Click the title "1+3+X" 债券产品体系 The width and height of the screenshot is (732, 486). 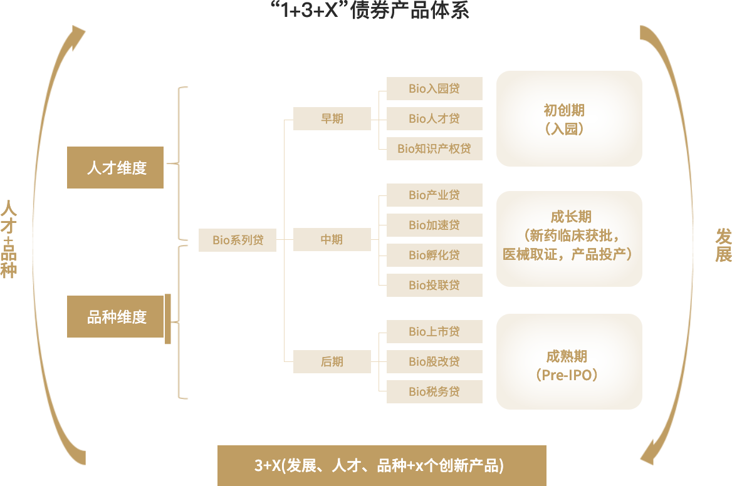click(370, 10)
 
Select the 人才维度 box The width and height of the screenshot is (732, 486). click(117, 167)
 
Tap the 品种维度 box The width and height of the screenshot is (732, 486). click(117, 317)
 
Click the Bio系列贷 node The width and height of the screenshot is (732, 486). click(238, 240)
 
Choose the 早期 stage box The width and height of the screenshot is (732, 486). click(332, 118)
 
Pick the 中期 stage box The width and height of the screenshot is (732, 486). click(332, 239)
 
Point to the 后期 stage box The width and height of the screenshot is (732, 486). click(332, 361)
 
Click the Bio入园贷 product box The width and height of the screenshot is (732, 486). click(434, 88)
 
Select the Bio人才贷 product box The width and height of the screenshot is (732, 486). click(434, 118)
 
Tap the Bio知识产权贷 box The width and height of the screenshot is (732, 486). click(434, 148)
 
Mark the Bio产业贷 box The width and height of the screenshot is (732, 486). click(434, 195)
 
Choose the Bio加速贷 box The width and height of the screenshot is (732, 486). click(434, 225)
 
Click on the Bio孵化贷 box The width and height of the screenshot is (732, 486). click(434, 255)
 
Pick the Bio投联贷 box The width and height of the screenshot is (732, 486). click(434, 285)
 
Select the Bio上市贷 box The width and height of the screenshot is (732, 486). click(434, 331)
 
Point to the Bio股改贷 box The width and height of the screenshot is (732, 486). click(434, 361)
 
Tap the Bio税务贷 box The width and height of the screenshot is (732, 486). click(434, 391)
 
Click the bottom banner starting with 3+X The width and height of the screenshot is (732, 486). click(381, 465)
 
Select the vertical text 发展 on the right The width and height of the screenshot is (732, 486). click(723, 245)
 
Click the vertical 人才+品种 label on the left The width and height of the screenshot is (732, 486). click(8, 239)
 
